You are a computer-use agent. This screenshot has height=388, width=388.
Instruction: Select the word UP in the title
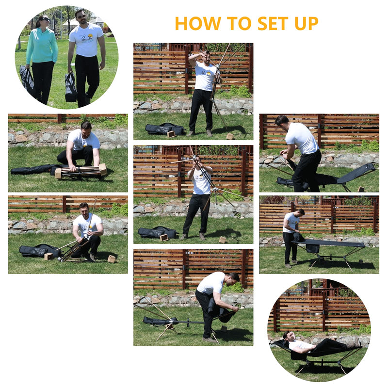(305, 23)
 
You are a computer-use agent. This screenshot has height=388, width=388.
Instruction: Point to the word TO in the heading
(230, 23)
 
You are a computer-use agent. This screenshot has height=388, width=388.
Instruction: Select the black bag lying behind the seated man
(36, 251)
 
